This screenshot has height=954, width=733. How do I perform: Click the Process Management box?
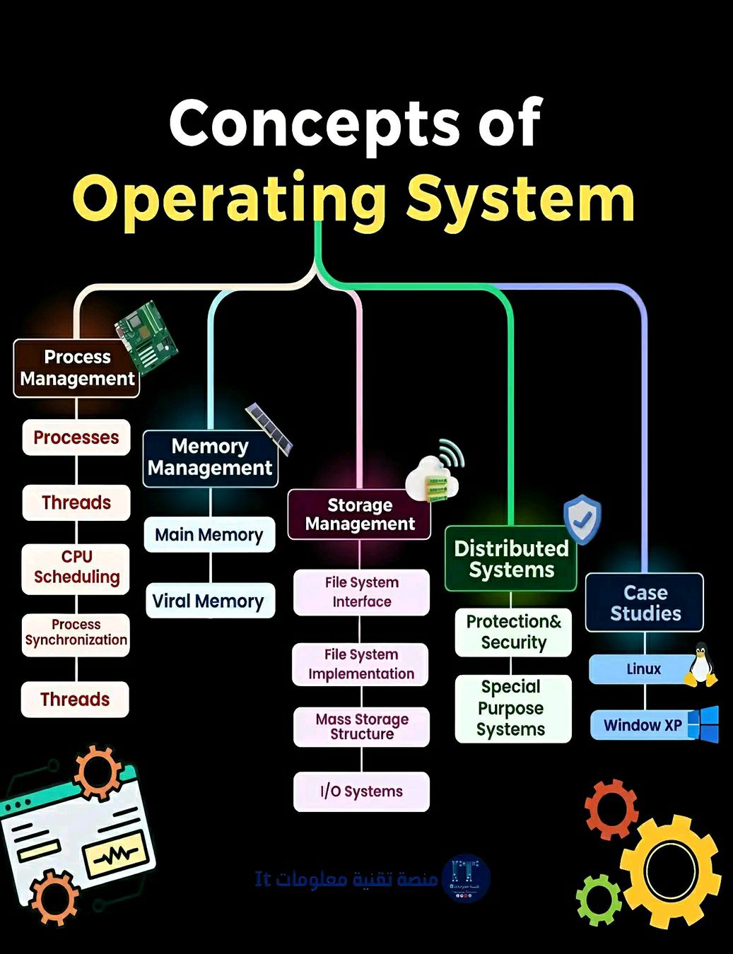coord(76,368)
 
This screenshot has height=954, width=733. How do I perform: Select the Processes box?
coord(76,437)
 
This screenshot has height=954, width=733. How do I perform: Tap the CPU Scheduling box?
coord(76,569)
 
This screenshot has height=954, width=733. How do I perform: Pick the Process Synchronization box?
coord(76,635)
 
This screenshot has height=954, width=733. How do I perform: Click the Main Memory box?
coord(209,534)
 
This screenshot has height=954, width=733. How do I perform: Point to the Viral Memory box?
coord(210,600)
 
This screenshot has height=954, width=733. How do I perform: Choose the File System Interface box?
coord(361,592)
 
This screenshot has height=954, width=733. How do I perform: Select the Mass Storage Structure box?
coord(361,726)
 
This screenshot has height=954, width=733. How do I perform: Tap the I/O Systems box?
coord(361,791)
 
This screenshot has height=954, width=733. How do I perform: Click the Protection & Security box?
coord(513,632)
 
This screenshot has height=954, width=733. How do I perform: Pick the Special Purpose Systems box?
coord(513,709)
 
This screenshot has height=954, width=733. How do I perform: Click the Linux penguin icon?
coord(701,665)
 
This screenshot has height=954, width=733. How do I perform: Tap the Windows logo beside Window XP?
coord(703,724)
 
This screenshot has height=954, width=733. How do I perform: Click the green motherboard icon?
coord(146,338)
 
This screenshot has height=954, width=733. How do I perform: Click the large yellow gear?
coord(670,872)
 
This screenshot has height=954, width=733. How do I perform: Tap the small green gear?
coord(598,900)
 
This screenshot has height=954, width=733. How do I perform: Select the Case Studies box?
coord(645,602)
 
